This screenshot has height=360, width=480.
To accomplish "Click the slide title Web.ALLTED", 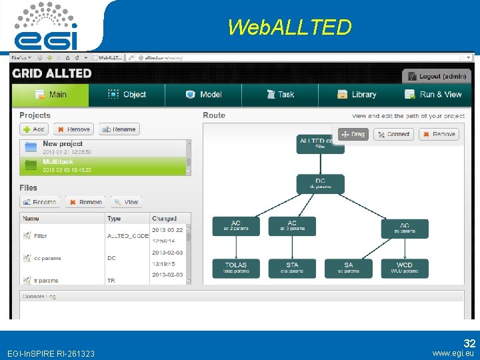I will [289, 27].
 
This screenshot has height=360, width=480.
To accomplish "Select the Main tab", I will [50, 95].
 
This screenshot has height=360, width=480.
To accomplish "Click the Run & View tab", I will [433, 95].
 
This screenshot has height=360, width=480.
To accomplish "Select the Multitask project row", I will [105, 165].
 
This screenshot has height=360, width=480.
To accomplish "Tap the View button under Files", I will [126, 202].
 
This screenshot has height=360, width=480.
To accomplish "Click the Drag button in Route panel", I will [353, 134].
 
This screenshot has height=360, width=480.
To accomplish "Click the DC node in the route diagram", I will [321, 183].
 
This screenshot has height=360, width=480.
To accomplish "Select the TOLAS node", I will [236, 267].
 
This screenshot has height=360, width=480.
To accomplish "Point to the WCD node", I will [405, 267].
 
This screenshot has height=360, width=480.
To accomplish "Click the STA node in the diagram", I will [292, 267].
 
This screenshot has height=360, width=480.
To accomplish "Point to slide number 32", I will [469, 343].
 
